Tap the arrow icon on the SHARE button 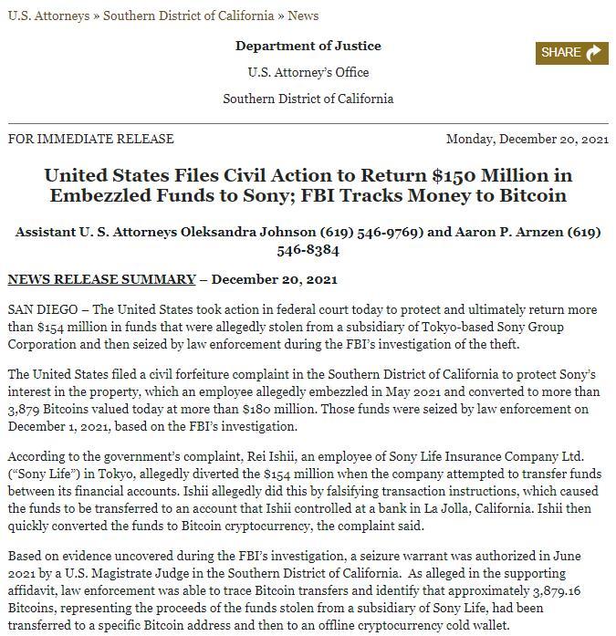[593, 53]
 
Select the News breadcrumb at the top [303, 16]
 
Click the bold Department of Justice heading [308, 46]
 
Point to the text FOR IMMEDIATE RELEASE [90, 140]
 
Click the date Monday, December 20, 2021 [527, 140]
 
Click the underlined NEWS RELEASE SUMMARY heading [101, 279]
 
